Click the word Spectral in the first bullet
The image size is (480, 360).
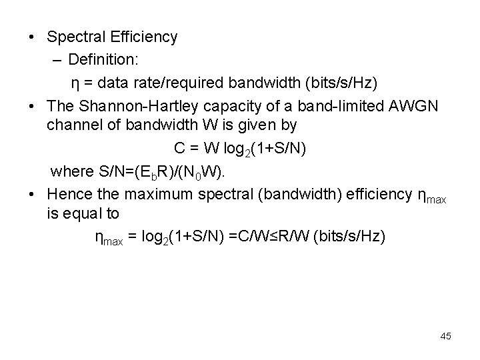pos(73,37)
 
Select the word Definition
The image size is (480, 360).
pos(103,60)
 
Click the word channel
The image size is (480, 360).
pos(71,125)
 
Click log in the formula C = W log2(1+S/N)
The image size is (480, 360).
pos(235,148)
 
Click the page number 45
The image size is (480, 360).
pos(445,336)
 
